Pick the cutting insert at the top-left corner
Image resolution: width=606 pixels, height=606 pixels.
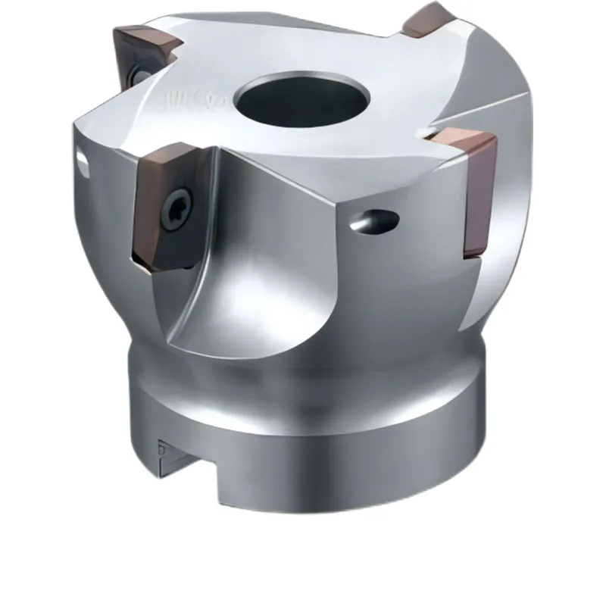[x=144, y=49]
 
